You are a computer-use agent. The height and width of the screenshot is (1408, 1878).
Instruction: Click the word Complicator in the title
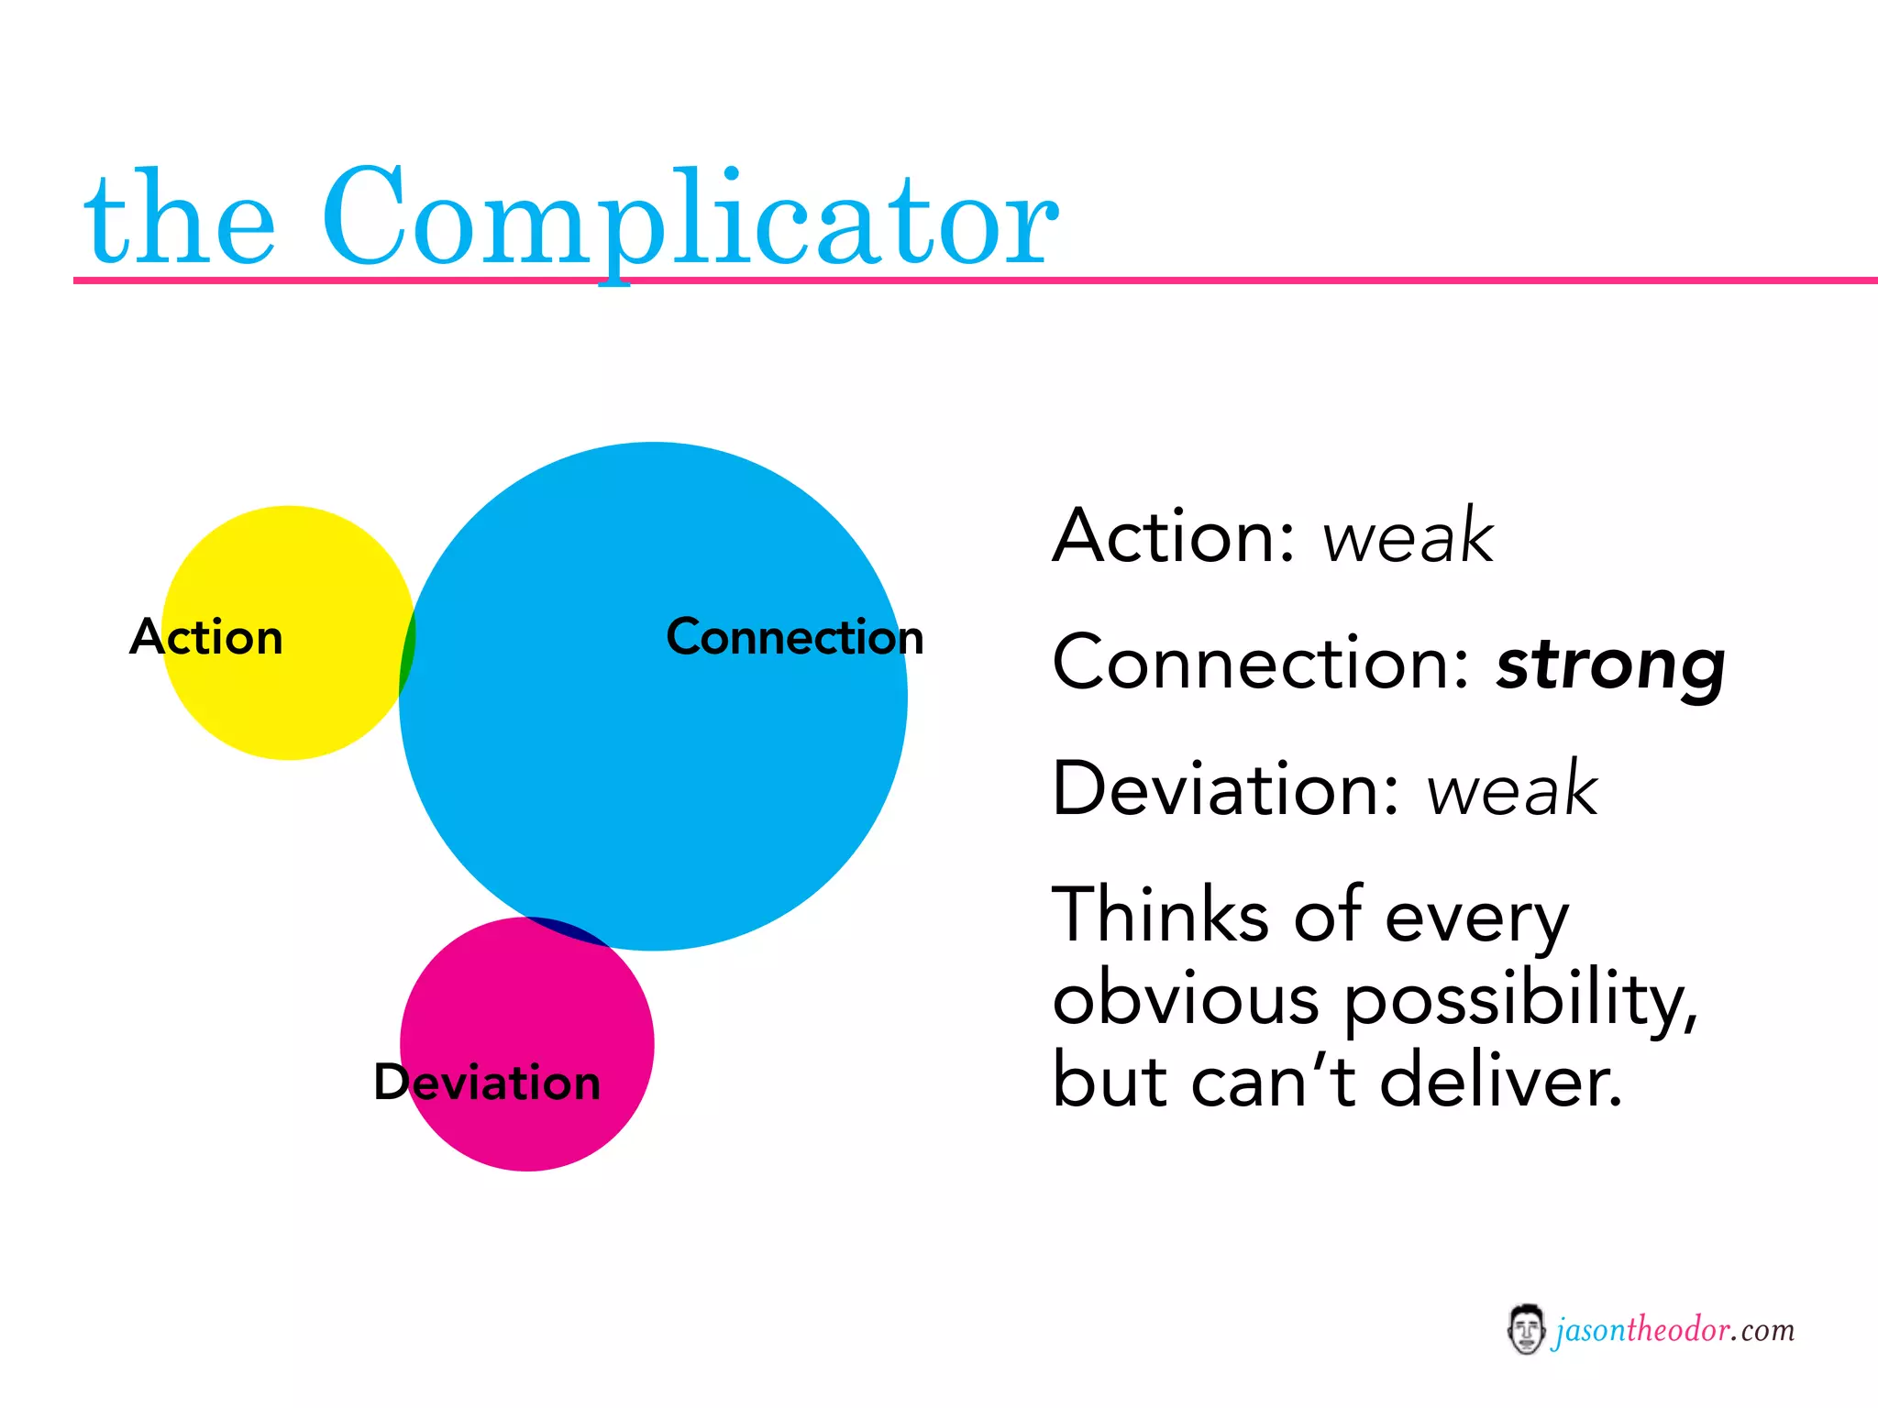[x=690, y=220]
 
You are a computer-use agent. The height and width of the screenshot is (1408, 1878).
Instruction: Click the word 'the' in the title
[x=179, y=220]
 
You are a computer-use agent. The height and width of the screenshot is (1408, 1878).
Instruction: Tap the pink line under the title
[x=1284, y=280]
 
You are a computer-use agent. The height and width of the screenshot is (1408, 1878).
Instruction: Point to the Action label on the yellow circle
[x=206, y=636]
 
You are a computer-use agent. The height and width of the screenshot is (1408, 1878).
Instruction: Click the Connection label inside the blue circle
[x=794, y=636]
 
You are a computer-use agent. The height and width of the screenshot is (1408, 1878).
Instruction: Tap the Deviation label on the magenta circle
[x=487, y=1082]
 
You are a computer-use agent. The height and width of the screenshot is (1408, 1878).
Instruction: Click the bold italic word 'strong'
[x=1610, y=665]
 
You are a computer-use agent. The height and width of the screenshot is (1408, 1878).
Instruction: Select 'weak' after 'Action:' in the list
[x=1408, y=536]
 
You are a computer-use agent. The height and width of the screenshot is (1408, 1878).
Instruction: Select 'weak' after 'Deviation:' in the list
[x=1512, y=789]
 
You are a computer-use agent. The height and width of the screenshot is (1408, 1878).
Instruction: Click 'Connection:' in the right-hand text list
[x=1262, y=662]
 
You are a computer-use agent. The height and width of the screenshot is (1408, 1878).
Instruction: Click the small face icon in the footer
[x=1525, y=1329]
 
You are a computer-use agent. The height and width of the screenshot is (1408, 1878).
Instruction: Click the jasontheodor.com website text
[x=1674, y=1330]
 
